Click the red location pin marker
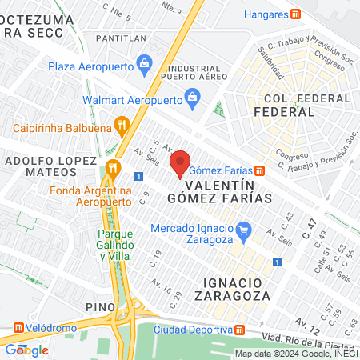(181, 163)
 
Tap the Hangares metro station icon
(296, 14)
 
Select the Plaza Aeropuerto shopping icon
(145, 62)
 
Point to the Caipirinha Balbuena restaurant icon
(122, 124)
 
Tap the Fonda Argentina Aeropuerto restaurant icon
(113, 168)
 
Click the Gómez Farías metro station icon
(259, 170)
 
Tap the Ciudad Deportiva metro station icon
(240, 330)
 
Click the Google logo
(26, 350)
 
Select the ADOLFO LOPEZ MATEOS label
(46, 168)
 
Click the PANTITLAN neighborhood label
(119, 38)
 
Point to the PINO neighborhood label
(101, 306)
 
